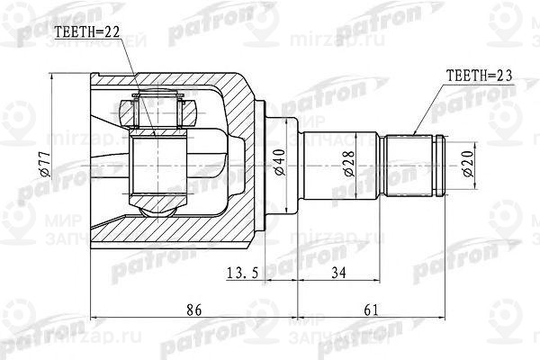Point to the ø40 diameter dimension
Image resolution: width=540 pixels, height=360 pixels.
pyautogui.click(x=280, y=162)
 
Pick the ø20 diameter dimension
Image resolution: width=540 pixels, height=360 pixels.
pyautogui.click(x=467, y=162)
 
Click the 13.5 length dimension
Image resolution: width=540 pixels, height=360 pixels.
pyautogui.click(x=240, y=272)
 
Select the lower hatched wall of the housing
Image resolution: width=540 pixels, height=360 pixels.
pyautogui.click(x=225, y=232)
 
